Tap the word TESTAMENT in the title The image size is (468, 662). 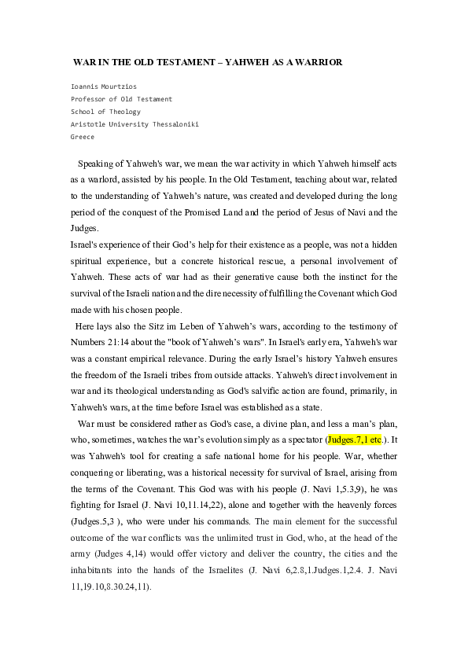click(x=180, y=61)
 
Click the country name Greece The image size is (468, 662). click(x=83, y=137)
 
